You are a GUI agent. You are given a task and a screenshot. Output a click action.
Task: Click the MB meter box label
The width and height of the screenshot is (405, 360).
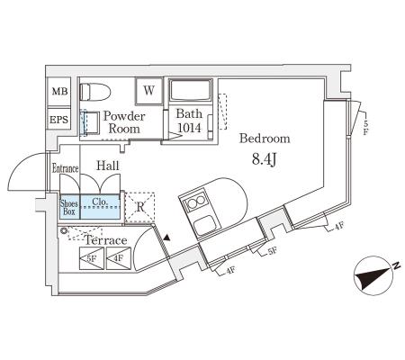click(x=60, y=91)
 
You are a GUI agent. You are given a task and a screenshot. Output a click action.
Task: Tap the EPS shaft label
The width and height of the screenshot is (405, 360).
click(x=58, y=120)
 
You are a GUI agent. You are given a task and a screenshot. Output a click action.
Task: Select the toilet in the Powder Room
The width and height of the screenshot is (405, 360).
click(x=95, y=92)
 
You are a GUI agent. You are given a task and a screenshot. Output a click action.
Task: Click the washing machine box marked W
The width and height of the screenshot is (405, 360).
click(x=149, y=91)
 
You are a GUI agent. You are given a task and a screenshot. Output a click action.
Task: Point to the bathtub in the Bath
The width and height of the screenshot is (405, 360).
click(x=191, y=90)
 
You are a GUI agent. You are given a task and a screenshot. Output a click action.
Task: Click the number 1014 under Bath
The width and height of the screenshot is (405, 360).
click(x=189, y=128)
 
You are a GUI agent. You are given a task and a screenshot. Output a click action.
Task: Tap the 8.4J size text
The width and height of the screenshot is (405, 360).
click(x=265, y=159)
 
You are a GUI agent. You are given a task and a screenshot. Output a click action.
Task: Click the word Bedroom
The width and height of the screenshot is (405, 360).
click(x=265, y=139)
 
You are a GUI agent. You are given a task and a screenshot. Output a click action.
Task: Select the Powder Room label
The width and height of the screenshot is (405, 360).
click(x=124, y=122)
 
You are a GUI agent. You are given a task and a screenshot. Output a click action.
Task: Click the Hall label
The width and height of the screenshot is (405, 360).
click(x=108, y=166)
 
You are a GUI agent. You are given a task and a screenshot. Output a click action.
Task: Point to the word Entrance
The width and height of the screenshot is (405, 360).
click(x=65, y=168)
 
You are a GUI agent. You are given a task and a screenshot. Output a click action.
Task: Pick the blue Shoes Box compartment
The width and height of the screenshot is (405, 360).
click(x=70, y=207)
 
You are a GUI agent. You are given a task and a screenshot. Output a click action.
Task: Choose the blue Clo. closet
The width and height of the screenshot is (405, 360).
click(x=101, y=207)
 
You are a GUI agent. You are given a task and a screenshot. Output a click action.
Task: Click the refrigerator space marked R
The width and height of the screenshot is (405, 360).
click(x=139, y=207)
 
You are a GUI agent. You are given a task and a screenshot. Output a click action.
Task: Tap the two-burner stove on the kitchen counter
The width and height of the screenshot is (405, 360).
click(x=196, y=202)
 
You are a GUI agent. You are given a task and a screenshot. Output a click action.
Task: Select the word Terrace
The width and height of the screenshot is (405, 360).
click(x=105, y=240)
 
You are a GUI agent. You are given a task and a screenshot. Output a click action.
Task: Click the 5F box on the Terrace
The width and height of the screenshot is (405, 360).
click(x=92, y=258)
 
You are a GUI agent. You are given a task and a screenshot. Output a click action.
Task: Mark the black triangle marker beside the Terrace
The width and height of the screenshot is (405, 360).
click(x=166, y=238)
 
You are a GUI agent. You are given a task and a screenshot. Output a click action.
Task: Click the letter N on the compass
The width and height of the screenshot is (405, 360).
click(x=396, y=265)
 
